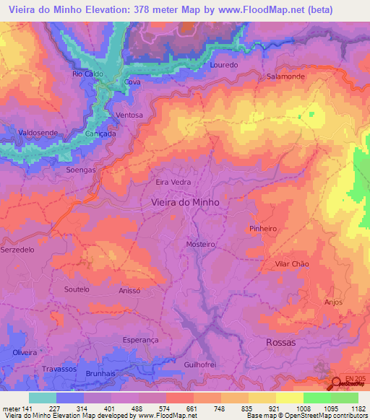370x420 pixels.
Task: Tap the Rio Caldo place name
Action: (87, 74)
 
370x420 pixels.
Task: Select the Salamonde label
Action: (286, 76)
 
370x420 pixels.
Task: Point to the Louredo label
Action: (223, 64)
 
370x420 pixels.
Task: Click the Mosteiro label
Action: (202, 245)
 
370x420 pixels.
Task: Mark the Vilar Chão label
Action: (292, 264)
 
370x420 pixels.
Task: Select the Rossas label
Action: (281, 343)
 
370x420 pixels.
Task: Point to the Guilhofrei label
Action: (201, 365)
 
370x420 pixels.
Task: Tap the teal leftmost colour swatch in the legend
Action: (42, 398)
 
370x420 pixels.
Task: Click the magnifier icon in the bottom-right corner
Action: (337, 382)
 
